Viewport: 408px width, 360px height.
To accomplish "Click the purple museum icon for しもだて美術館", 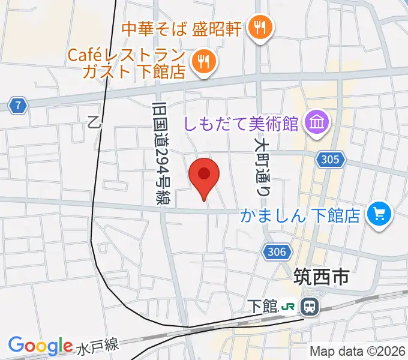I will pyautogui.click(x=315, y=124).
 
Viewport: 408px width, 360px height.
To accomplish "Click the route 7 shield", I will pyautogui.click(x=19, y=106).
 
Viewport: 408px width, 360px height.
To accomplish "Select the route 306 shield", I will pyautogui.click(x=277, y=253).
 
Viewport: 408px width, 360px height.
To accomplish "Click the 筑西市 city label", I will pyautogui.click(x=321, y=277).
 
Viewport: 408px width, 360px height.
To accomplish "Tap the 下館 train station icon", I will pyautogui.click(x=310, y=307).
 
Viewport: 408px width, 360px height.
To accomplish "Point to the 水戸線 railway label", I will pyautogui.click(x=98, y=346).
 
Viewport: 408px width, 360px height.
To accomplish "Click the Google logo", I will pyautogui.click(x=40, y=346).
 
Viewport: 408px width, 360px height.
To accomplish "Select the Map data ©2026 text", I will pyautogui.click(x=358, y=352).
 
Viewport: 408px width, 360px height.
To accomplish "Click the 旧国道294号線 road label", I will pyautogui.click(x=160, y=154).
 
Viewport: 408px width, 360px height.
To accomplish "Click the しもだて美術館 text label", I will pyautogui.click(x=249, y=124).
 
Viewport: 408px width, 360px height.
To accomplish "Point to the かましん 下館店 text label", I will pyautogui.click(x=300, y=214).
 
